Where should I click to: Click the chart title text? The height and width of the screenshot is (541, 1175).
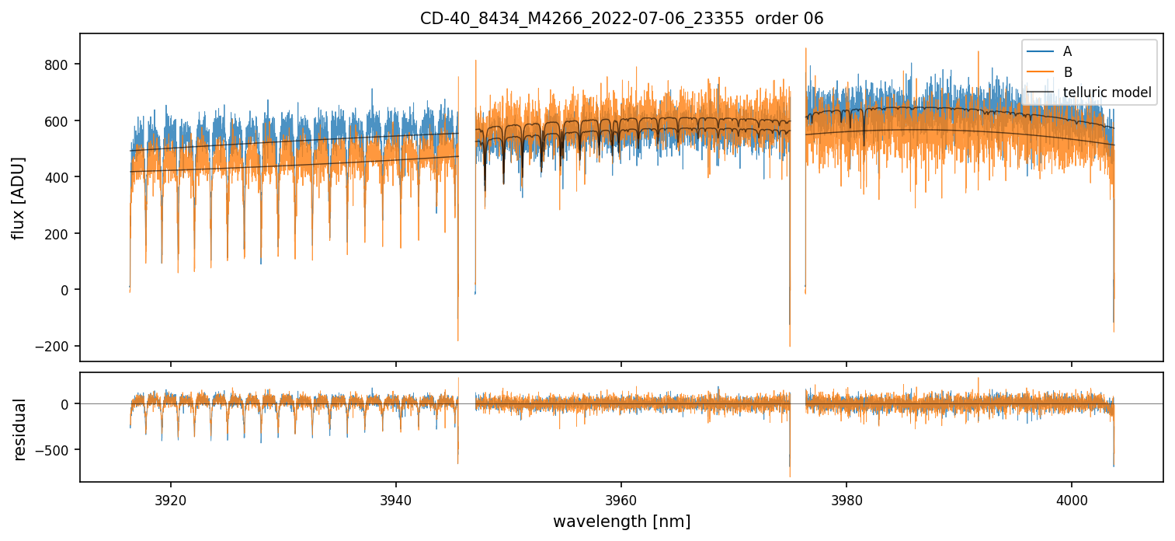point(621,19)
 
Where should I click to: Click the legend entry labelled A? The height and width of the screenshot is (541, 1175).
point(1067,51)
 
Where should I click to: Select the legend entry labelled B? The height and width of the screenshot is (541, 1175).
point(1067,72)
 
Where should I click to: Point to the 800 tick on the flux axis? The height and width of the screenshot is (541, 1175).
point(60,65)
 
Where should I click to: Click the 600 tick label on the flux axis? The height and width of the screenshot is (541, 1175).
point(60,121)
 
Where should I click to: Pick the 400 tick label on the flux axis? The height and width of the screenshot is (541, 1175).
point(60,177)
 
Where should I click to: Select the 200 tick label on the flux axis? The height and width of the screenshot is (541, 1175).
point(60,234)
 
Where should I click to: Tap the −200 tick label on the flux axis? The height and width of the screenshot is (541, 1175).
point(56,347)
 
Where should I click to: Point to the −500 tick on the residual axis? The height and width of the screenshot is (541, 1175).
point(56,450)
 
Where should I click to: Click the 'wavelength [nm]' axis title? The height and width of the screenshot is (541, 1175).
point(621,521)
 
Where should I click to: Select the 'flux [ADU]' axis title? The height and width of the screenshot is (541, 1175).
point(19,197)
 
